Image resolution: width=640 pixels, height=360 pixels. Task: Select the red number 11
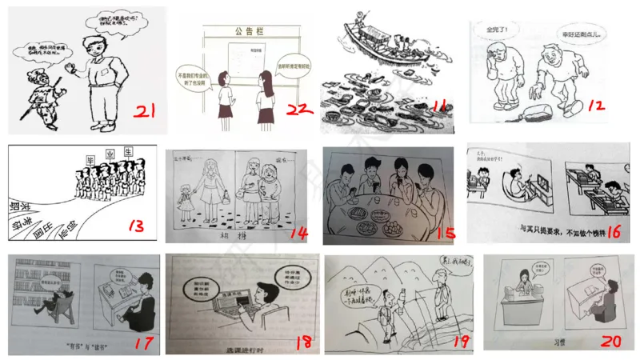439,106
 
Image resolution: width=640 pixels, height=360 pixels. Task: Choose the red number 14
298,232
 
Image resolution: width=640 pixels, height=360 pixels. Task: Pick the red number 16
614,233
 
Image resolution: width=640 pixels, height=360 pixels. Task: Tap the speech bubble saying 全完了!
503,30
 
